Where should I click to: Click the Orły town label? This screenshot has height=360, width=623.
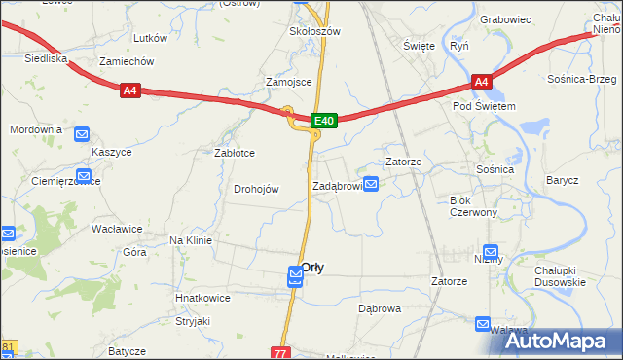pyautogui.click(x=312, y=267)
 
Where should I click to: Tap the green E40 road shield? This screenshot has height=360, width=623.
pyautogui.click(x=325, y=121)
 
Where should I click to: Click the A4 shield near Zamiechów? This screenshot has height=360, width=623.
pyautogui.click(x=131, y=90)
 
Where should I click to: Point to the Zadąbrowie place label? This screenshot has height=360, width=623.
pyautogui.click(x=337, y=185)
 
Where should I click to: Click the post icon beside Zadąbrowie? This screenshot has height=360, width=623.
pyautogui.click(x=371, y=184)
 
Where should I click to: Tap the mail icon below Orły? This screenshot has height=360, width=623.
pyautogui.click(x=295, y=279)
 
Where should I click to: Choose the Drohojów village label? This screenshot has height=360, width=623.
pyautogui.click(x=256, y=189)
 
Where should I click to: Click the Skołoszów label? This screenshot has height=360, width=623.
pyautogui.click(x=313, y=31)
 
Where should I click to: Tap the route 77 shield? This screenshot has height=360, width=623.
pyautogui.click(x=281, y=352)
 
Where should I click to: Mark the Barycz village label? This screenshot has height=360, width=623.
pyautogui.click(x=562, y=180)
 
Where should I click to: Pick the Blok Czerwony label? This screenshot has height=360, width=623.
pyautogui.click(x=473, y=206)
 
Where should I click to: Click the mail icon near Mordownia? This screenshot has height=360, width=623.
pyautogui.click(x=83, y=135)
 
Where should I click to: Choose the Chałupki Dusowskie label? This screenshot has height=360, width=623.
pyautogui.click(x=559, y=276)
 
